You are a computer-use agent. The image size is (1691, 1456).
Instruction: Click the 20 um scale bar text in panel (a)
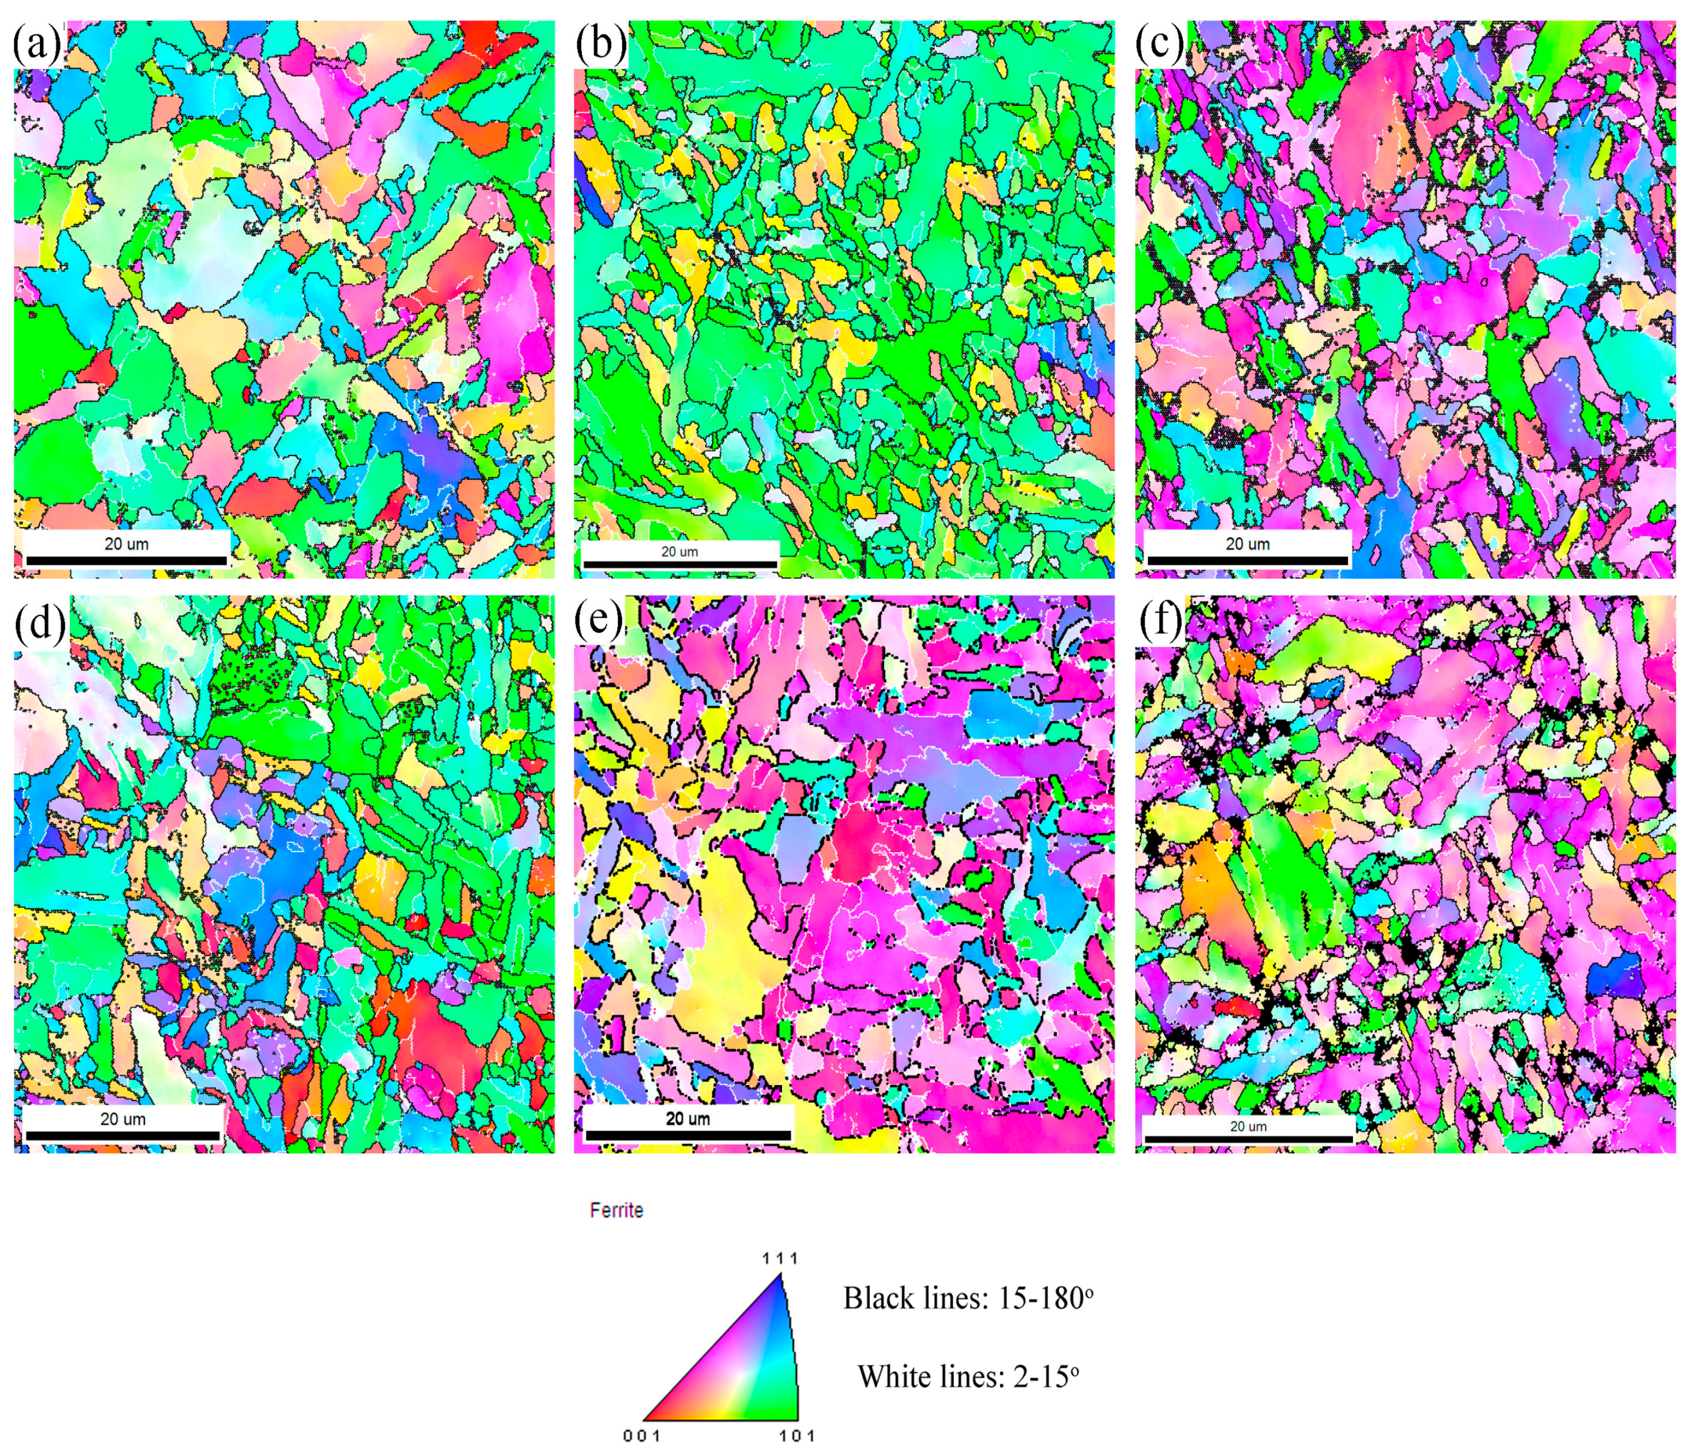point(126,544)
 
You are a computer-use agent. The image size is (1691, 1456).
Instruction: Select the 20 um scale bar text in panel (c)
point(1248,544)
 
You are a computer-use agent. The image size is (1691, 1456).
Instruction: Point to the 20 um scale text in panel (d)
point(123,1118)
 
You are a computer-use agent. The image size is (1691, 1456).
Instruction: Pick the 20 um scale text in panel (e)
point(687,1118)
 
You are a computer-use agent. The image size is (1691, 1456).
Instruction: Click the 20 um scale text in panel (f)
point(1248,1126)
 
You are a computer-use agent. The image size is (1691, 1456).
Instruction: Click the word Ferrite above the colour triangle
point(616,1210)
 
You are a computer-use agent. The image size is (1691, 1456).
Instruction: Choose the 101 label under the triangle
point(797,1435)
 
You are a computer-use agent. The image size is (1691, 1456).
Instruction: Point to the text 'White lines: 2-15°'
point(968,1377)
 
